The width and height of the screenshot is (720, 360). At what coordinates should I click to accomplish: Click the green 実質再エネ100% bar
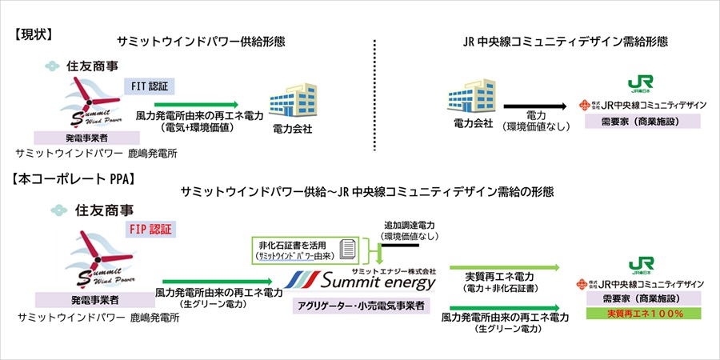tap(643, 314)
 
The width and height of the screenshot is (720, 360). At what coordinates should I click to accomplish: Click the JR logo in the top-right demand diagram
tap(639, 84)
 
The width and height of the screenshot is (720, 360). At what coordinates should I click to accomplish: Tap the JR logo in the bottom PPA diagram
tap(639, 264)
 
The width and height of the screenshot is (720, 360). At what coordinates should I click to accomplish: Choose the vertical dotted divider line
tap(374, 94)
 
